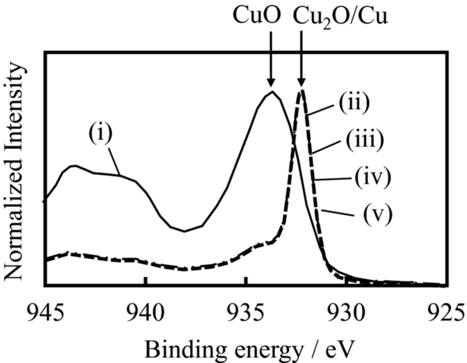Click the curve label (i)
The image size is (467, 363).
pyautogui.click(x=101, y=133)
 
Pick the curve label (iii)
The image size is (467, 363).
pyautogui.click(x=365, y=140)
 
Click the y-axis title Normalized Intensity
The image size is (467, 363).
pyautogui.click(x=15, y=171)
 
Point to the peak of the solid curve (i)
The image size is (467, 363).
pyautogui.click(x=272, y=91)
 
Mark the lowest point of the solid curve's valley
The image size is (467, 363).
pyautogui.click(x=184, y=231)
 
